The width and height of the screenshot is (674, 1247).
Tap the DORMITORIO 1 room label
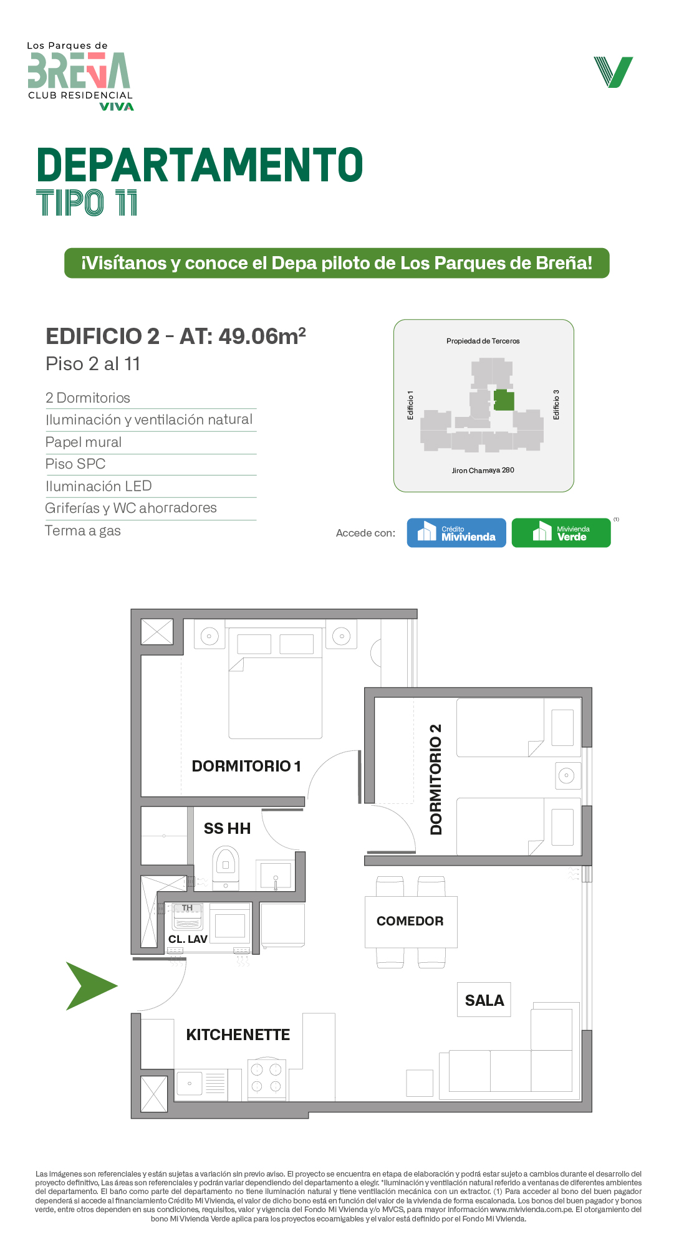click(x=246, y=766)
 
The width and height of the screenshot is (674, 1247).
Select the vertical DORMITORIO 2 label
click(x=436, y=780)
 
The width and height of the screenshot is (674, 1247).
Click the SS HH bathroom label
click(x=227, y=828)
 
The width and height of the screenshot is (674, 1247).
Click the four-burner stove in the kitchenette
click(x=267, y=1079)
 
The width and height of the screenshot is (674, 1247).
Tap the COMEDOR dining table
click(x=411, y=922)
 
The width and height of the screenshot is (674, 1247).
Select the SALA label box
click(x=484, y=1000)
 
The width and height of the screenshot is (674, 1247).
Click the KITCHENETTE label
click(x=238, y=1034)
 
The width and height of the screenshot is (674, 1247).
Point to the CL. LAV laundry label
click(x=188, y=939)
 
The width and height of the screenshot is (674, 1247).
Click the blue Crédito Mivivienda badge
click(x=456, y=533)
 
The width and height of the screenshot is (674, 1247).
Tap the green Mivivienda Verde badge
click(x=561, y=533)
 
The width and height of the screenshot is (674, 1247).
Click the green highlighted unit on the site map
click(x=504, y=400)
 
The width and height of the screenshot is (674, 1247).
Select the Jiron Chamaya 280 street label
click(x=483, y=471)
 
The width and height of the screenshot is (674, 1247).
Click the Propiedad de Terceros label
click(x=483, y=341)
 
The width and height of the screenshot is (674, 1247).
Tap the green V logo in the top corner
click(x=614, y=72)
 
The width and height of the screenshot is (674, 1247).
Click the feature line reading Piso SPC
click(x=75, y=464)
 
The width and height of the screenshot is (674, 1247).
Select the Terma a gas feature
click(x=83, y=530)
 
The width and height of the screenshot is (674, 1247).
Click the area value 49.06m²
click(x=262, y=336)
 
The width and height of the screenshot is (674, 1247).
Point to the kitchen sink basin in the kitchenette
click(x=190, y=1083)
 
